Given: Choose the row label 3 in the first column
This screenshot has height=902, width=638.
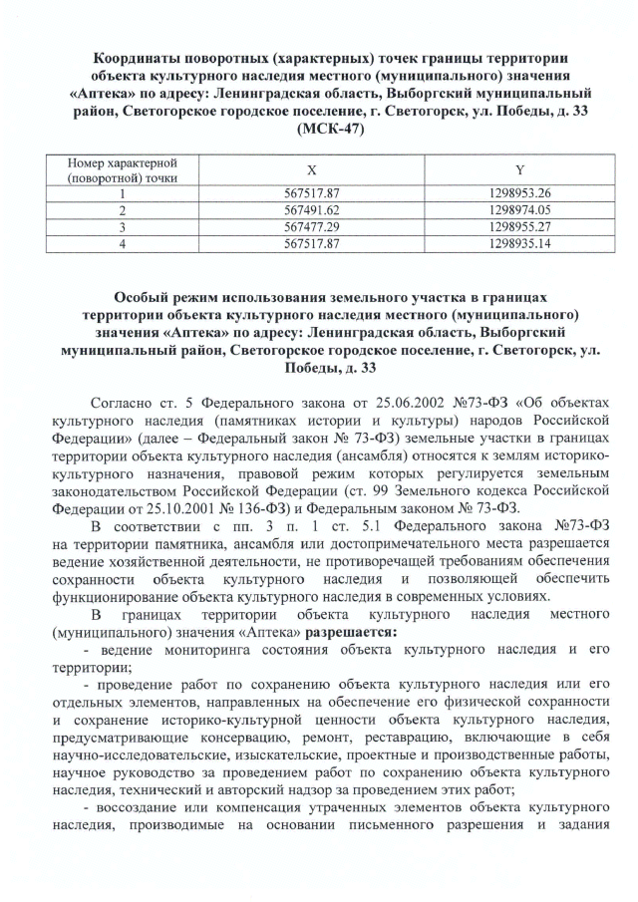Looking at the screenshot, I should (121, 226).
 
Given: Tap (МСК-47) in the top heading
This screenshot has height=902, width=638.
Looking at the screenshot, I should (318, 129).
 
